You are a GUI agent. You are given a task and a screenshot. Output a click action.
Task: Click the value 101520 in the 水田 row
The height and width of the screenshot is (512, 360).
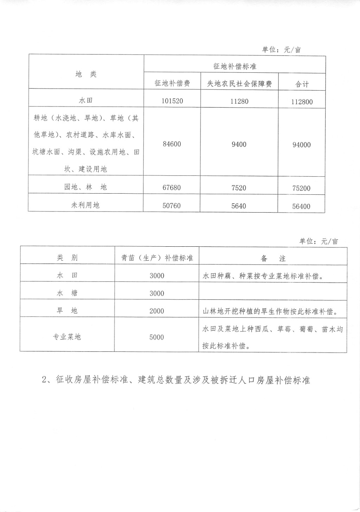click(172, 101)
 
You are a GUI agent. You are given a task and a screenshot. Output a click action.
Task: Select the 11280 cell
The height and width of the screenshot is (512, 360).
click(239, 101)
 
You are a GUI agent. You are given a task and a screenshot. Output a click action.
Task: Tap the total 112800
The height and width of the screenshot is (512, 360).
click(302, 102)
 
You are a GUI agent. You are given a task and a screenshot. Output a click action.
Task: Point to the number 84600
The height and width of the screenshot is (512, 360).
click(172, 144)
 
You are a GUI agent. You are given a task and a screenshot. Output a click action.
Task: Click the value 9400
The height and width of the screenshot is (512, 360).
click(239, 144)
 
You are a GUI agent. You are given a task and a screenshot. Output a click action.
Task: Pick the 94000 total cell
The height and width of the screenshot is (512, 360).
click(302, 145)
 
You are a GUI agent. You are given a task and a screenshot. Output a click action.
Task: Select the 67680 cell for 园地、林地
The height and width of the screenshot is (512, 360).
click(172, 188)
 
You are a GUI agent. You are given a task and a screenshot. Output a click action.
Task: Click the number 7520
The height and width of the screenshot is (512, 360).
click(239, 188)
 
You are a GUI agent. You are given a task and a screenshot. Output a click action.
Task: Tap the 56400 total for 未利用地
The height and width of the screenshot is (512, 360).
click(301, 207)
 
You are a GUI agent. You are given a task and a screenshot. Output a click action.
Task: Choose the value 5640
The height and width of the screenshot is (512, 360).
click(239, 206)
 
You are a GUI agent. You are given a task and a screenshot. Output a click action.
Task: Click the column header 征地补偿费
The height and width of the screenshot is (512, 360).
click(172, 84)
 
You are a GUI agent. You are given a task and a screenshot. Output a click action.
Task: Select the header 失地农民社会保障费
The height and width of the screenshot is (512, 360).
click(239, 84)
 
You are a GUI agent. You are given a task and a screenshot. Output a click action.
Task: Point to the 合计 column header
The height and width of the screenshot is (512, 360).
click(302, 84)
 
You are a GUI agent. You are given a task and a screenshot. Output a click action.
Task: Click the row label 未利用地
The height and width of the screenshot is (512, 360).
click(85, 205)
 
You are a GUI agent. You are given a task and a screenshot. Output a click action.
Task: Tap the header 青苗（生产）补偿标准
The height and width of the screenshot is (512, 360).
click(157, 258)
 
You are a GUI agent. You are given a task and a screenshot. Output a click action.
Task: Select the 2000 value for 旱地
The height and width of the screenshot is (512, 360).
click(157, 311)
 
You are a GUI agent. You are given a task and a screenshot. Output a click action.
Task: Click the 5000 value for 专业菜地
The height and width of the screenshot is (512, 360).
click(157, 337)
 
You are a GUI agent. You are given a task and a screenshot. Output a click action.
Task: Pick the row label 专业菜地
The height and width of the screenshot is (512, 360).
click(67, 337)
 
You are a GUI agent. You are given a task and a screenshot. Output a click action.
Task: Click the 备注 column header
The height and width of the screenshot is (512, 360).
click(273, 259)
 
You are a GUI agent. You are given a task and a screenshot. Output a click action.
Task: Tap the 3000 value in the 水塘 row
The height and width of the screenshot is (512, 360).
click(157, 293)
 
